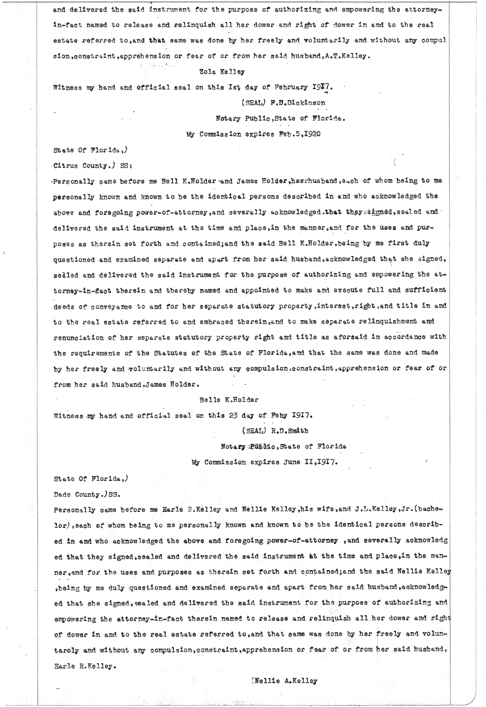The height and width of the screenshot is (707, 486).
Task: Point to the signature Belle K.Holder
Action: [228, 399]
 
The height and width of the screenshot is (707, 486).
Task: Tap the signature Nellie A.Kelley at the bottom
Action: [285, 681]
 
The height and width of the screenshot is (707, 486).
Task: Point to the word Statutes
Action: [168, 352]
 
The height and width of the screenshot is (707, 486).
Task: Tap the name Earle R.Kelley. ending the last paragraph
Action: [84, 665]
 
